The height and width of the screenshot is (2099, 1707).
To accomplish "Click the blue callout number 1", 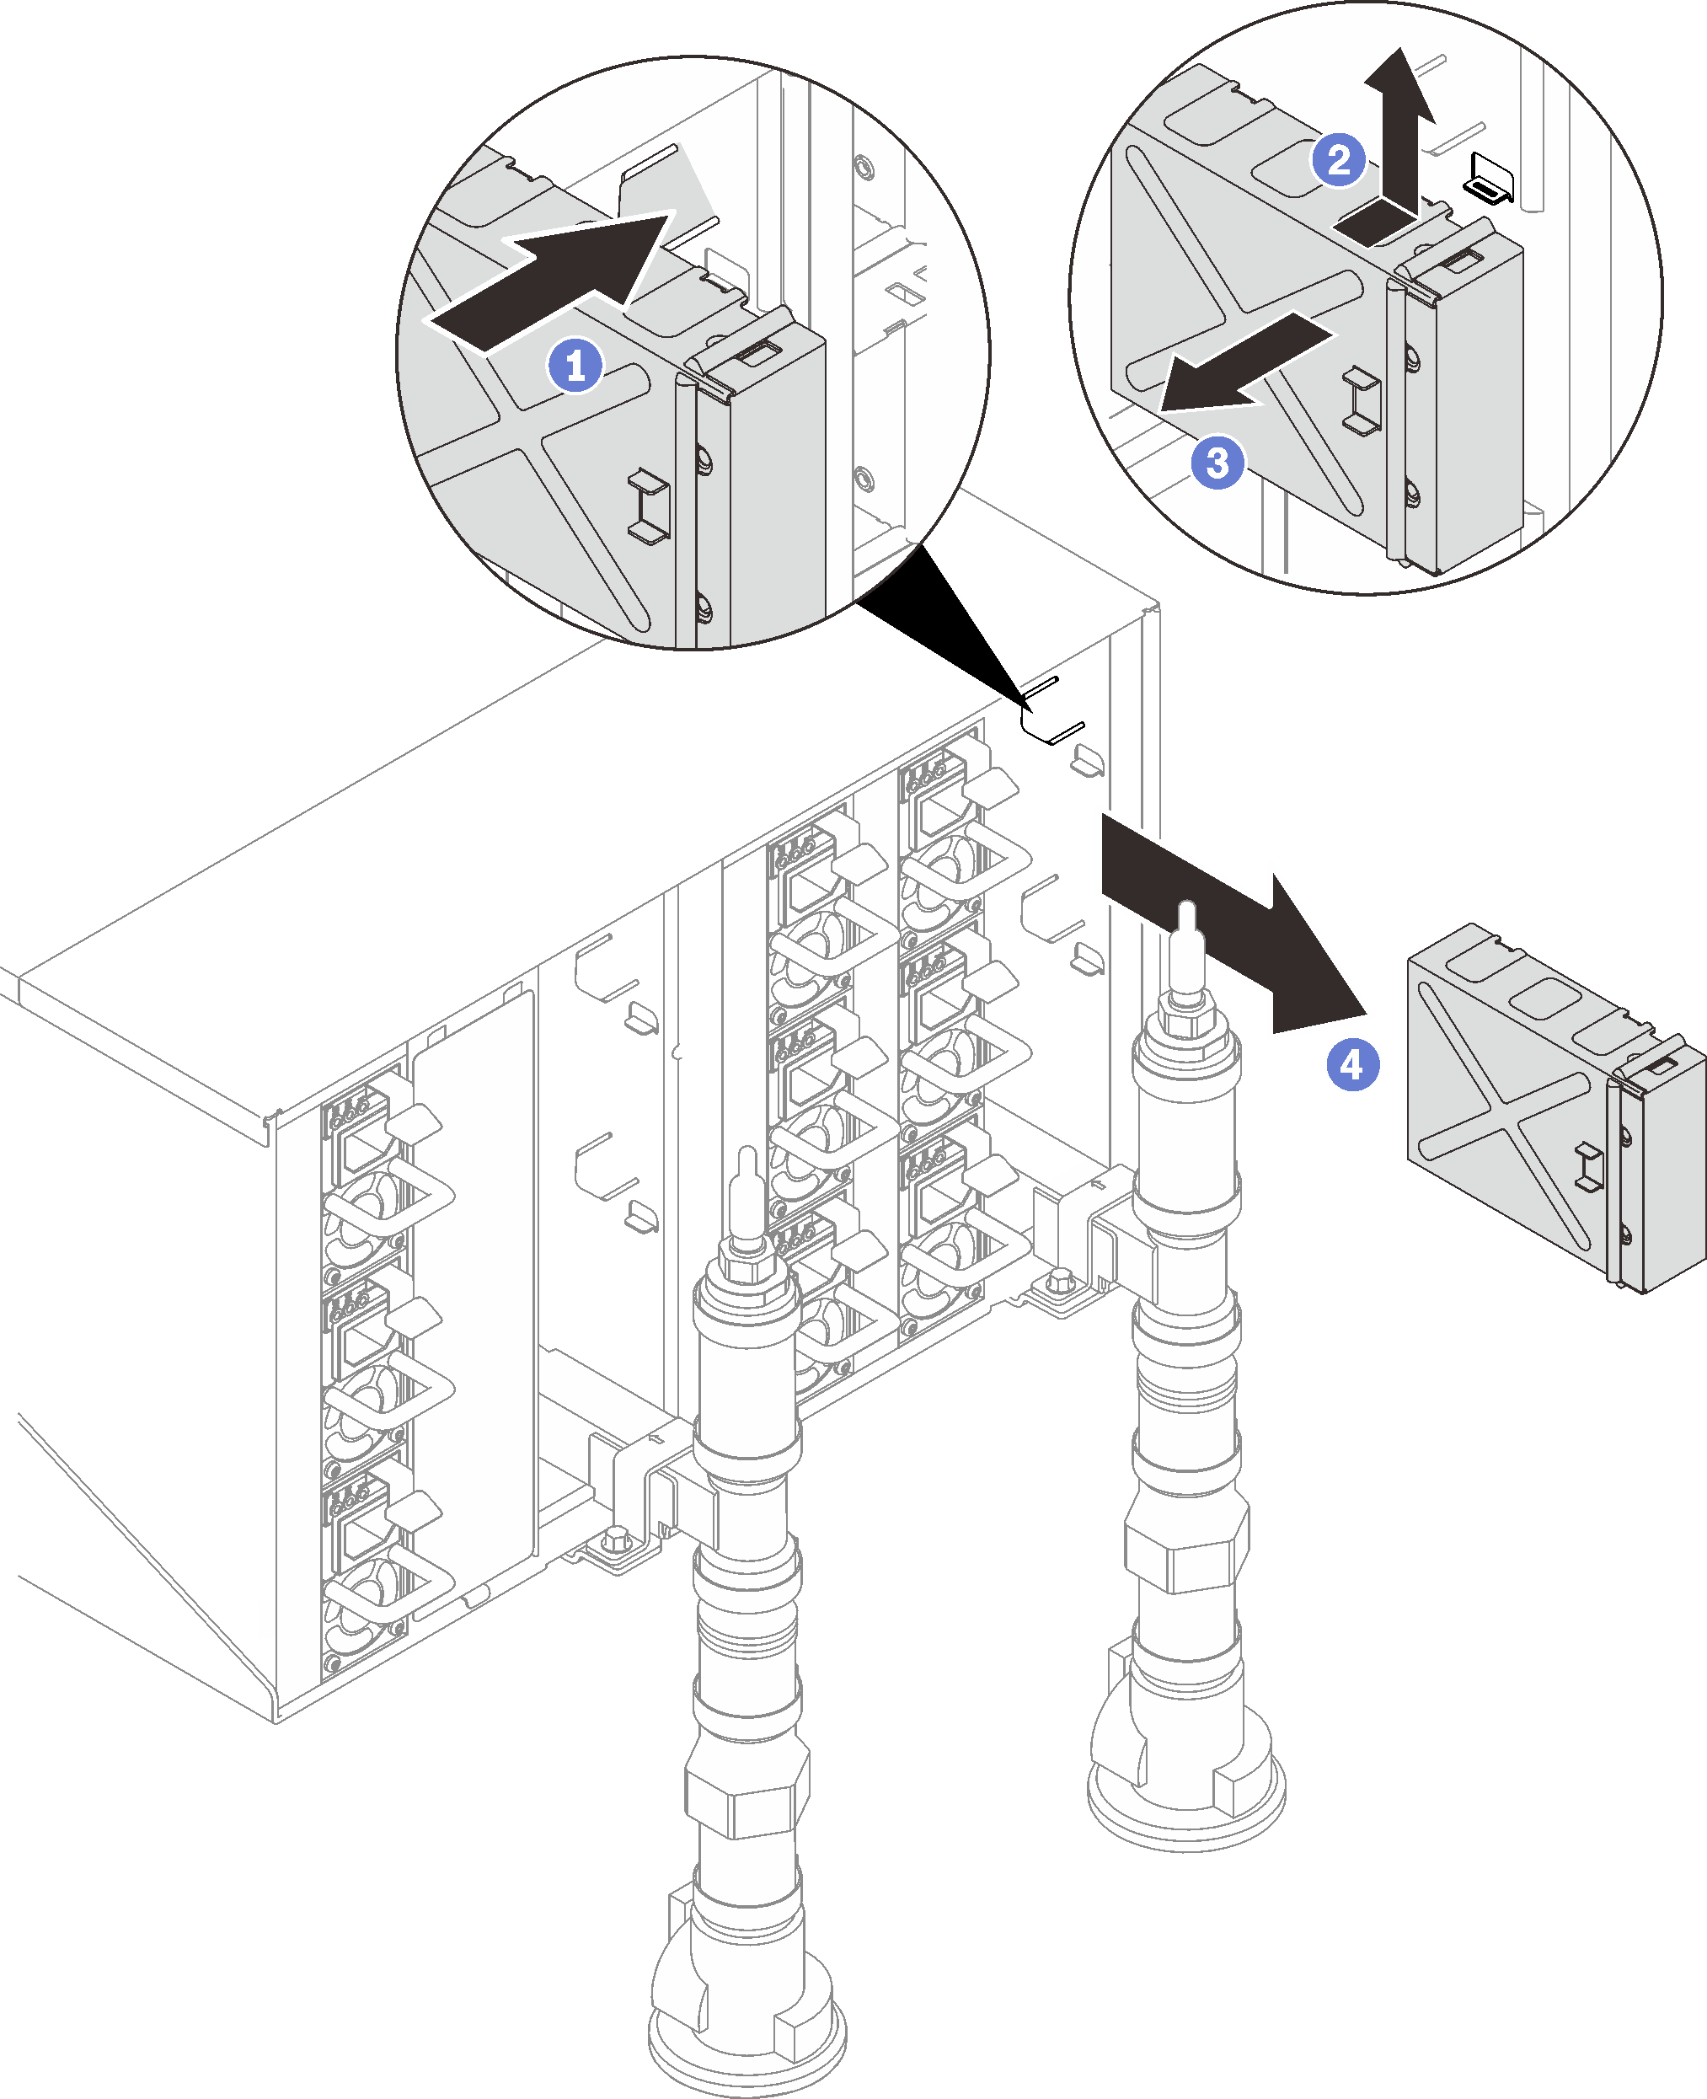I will (575, 366).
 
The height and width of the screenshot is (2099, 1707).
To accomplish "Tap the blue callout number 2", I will (1338, 159).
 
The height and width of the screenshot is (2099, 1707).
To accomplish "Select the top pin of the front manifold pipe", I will (747, 1175).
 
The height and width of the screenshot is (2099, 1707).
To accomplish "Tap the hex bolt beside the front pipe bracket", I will (618, 1539).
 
